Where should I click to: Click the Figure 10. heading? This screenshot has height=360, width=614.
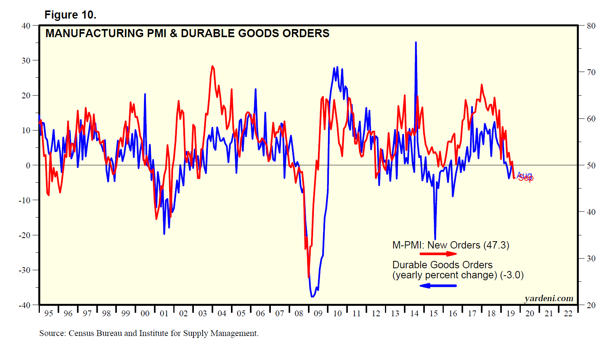click(x=70, y=15)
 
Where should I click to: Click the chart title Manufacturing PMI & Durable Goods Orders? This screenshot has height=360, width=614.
click(x=187, y=33)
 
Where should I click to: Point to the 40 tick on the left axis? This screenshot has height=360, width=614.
click(x=26, y=26)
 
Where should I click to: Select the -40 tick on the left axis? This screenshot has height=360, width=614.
click(x=24, y=305)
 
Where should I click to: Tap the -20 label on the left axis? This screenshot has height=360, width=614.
click(x=24, y=235)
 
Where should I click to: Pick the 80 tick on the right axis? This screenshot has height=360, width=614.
click(x=591, y=26)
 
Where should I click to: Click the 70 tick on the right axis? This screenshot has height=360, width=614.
click(x=591, y=72)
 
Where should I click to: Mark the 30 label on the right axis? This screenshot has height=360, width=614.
click(x=591, y=259)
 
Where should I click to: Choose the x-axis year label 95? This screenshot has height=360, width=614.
click(x=49, y=314)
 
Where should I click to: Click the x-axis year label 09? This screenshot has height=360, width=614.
click(x=318, y=314)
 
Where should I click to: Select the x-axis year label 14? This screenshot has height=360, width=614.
click(x=414, y=314)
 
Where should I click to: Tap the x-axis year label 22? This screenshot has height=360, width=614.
click(x=568, y=314)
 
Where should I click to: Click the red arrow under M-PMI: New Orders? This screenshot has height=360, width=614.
click(x=438, y=254)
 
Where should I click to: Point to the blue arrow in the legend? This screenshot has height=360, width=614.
click(x=438, y=286)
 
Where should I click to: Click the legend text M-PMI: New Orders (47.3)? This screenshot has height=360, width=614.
click(x=451, y=245)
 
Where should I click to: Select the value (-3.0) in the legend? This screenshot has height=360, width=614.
click(x=512, y=275)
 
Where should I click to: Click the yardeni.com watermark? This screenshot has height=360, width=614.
click(x=549, y=298)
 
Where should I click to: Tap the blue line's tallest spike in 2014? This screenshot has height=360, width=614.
click(x=416, y=43)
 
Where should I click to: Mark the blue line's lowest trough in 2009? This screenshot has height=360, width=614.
click(x=312, y=297)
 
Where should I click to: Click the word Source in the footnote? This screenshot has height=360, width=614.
click(x=52, y=333)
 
